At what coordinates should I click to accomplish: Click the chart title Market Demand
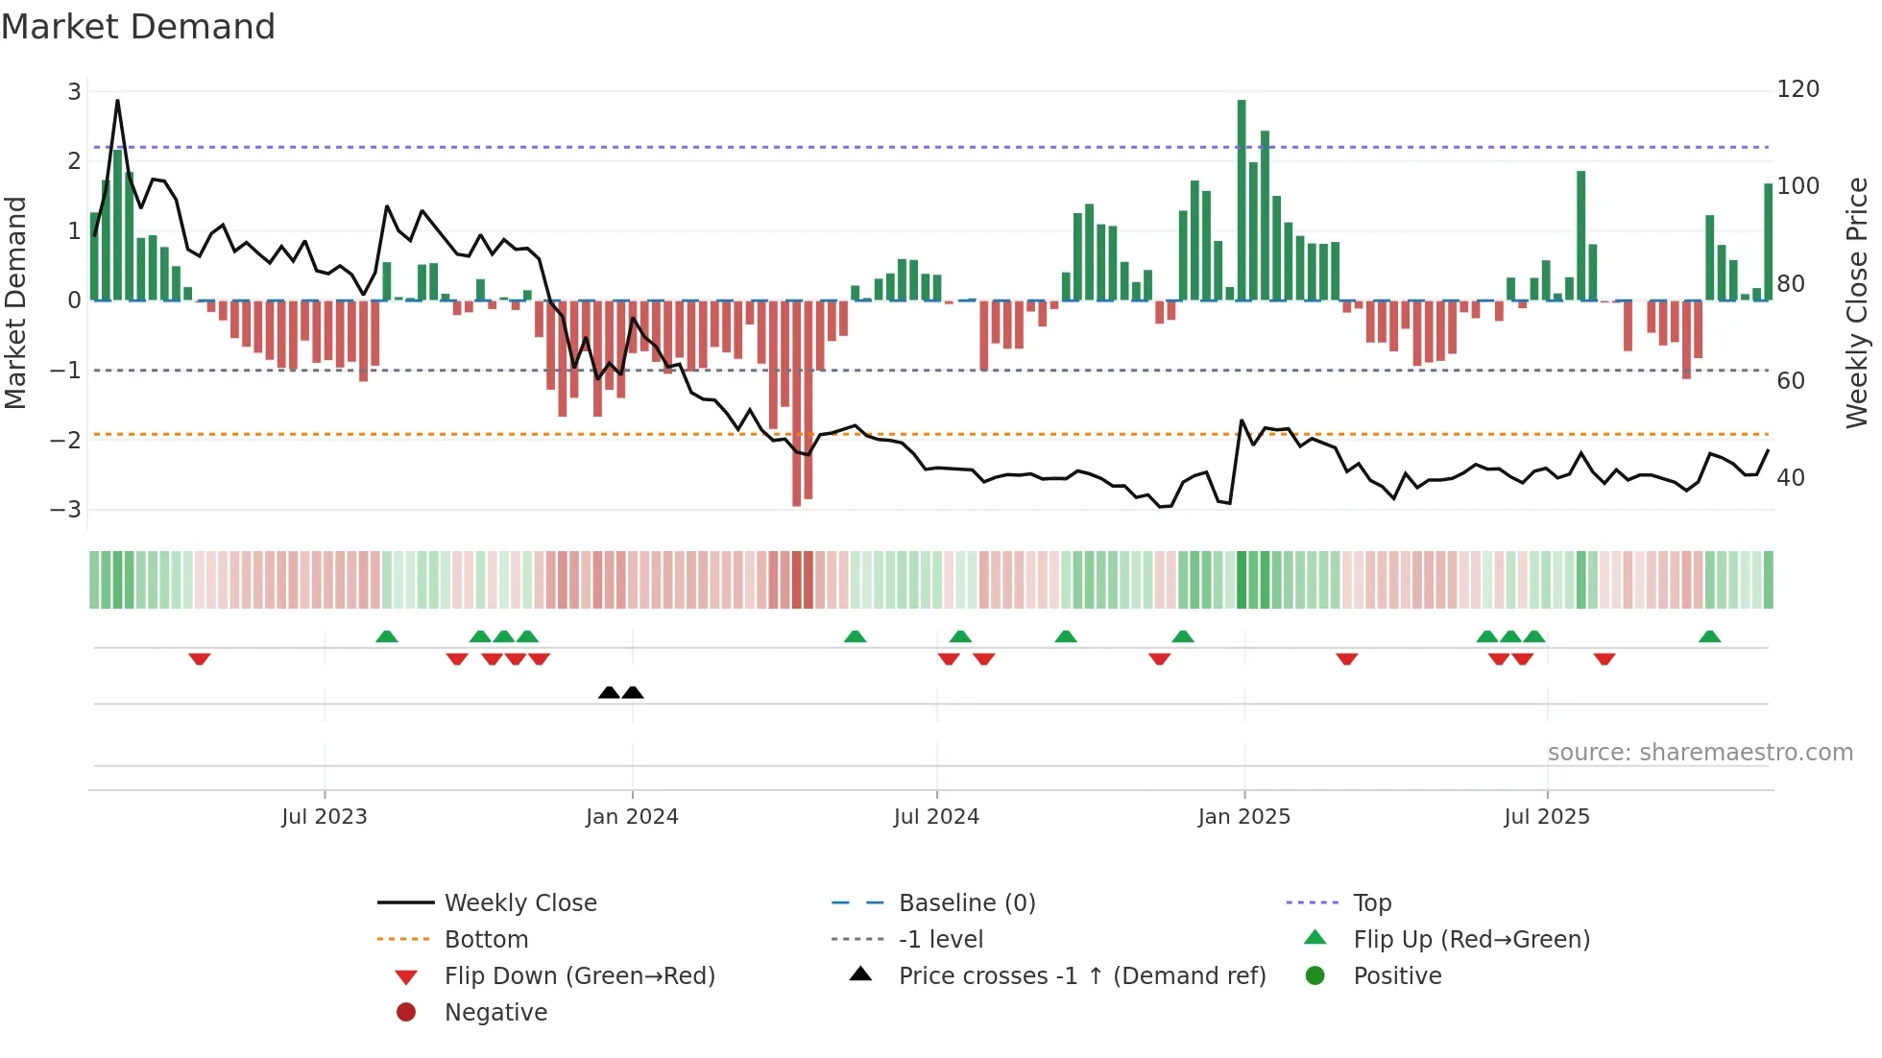(x=138, y=27)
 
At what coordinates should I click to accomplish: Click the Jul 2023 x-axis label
(x=325, y=817)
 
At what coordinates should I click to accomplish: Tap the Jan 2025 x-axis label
(x=1244, y=817)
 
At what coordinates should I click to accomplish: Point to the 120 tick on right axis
(x=1798, y=89)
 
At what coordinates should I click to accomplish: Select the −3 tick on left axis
(x=66, y=509)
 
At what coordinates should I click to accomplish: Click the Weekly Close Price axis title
(x=1857, y=302)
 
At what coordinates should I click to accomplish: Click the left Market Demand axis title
(x=15, y=302)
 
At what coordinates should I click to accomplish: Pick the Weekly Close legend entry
(x=520, y=903)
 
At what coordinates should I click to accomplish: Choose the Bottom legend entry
(x=486, y=940)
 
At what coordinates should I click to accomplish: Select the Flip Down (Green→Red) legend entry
(x=579, y=976)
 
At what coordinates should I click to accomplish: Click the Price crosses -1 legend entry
(x=1082, y=976)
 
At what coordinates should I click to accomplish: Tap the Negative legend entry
(x=495, y=1013)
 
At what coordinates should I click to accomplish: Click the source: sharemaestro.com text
(x=1700, y=753)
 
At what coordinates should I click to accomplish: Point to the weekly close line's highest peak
(x=117, y=101)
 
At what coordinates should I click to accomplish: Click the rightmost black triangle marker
(x=633, y=692)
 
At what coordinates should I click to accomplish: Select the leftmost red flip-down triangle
(x=200, y=659)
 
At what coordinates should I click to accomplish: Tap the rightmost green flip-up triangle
(x=1709, y=637)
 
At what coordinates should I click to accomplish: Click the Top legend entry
(x=1372, y=903)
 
